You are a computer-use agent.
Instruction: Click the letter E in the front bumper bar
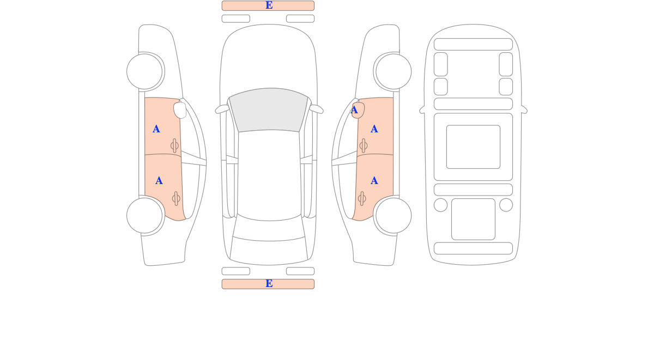click(x=269, y=5)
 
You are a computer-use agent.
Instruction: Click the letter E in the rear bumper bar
click(x=269, y=283)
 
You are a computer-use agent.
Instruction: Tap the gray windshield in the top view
click(x=269, y=109)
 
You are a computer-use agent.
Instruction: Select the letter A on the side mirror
click(x=354, y=110)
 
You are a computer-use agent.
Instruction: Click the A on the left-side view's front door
click(x=156, y=129)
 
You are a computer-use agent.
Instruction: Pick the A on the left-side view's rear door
click(x=159, y=181)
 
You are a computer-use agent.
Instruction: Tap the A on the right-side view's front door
click(x=374, y=129)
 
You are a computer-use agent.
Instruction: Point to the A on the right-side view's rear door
click(x=374, y=181)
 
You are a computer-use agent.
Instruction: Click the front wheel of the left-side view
click(x=144, y=71)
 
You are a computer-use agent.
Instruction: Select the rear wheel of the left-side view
click(x=144, y=216)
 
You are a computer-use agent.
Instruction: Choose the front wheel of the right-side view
click(x=393, y=71)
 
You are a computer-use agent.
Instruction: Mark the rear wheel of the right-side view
click(x=393, y=216)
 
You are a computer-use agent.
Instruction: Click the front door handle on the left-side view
click(x=174, y=145)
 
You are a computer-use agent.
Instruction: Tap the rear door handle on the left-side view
click(x=176, y=199)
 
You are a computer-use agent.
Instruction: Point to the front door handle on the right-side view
click(x=363, y=145)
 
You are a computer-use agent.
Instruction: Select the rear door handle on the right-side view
click(x=362, y=199)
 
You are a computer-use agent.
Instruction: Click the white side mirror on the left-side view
click(x=180, y=110)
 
